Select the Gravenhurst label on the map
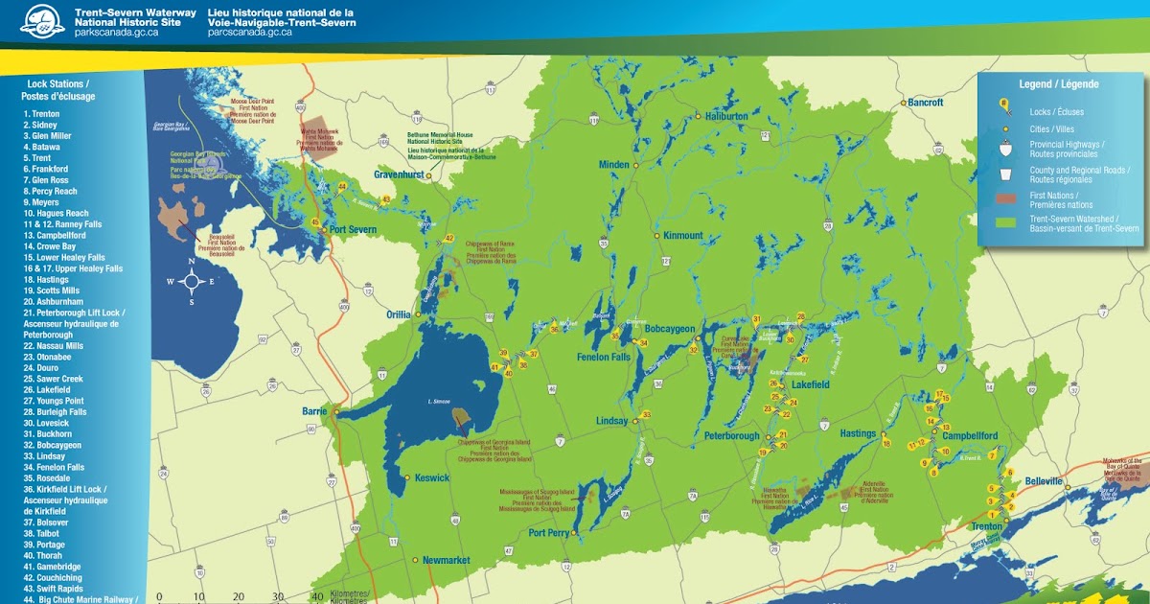tap(399, 176)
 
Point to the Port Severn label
tap(354, 229)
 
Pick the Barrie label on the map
tap(315, 411)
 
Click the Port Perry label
tap(550, 533)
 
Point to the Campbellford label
tap(970, 436)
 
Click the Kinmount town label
tap(683, 235)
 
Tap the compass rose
tap(192, 281)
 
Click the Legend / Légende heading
tap(1058, 84)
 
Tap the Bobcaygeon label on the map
tap(670, 329)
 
